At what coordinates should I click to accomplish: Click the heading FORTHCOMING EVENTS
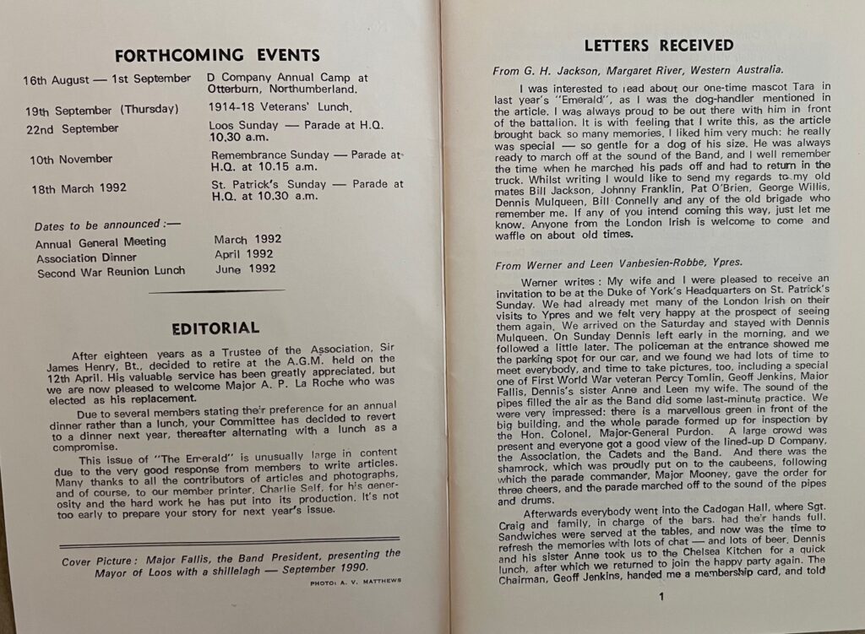(x=217, y=56)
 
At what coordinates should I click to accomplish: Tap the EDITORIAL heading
(x=215, y=328)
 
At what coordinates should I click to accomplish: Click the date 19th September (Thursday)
(x=101, y=110)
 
